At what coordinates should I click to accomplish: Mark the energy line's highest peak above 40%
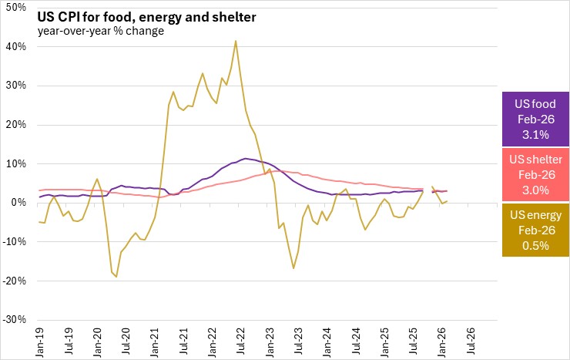pos(236,41)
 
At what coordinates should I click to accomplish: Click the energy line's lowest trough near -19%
pos(116,277)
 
